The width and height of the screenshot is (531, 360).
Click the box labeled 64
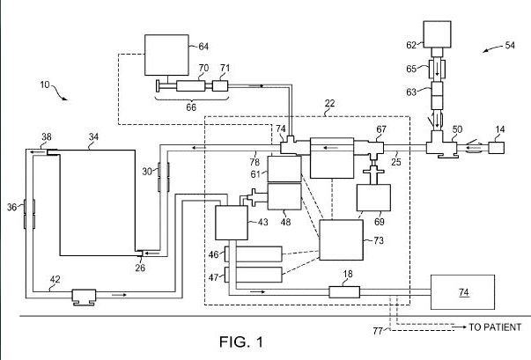coord(166,55)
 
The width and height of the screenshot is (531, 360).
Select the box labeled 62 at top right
coord(437,34)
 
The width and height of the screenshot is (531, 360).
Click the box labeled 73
coord(342,240)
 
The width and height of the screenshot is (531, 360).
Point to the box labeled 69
coord(373,197)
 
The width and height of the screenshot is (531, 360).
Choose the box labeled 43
coord(232,223)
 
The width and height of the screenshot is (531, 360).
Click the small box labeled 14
coord(496,148)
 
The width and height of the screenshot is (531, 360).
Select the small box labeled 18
coord(344,292)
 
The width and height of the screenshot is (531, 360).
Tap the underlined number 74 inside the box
coord(463,292)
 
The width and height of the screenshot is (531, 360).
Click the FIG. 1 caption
coord(240,342)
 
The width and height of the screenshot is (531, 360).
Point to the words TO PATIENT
coord(495,327)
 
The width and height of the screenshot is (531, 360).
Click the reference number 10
coord(45,84)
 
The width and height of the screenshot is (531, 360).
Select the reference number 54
coord(510,46)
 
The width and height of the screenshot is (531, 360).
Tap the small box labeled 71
coord(220,86)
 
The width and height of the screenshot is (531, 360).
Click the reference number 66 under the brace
coord(191,107)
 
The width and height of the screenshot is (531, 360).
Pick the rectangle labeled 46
coord(259,254)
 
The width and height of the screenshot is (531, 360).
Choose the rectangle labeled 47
coord(259,275)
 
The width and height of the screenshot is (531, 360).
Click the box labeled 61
coord(284,169)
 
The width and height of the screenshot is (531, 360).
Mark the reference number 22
coord(329,103)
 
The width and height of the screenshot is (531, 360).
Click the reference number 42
coord(55,280)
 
